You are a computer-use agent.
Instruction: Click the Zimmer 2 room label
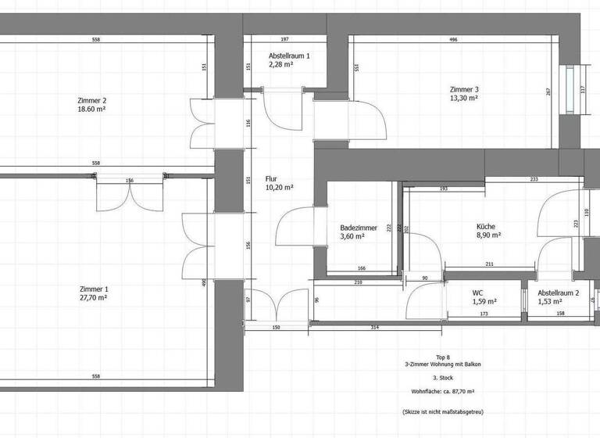pos(91,100)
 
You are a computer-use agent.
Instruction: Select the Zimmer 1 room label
pos(91,289)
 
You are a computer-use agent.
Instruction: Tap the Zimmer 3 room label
pos(463,89)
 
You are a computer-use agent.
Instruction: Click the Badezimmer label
pos(359,228)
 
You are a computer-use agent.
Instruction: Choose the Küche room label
pos(487,226)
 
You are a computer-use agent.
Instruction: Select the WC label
pos(478,293)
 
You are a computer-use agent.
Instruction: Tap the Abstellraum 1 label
pos(289,56)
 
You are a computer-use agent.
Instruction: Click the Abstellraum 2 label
pos(558,293)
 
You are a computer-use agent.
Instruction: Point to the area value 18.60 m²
pos(91,109)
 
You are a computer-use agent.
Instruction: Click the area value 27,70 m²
pos(91,298)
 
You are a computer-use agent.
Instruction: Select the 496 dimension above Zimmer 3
pos(453,39)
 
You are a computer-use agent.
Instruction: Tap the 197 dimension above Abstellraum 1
pos(284,39)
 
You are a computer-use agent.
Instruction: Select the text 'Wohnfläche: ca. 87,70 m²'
pos(443,390)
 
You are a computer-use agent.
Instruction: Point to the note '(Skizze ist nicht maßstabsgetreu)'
pos(443,410)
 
